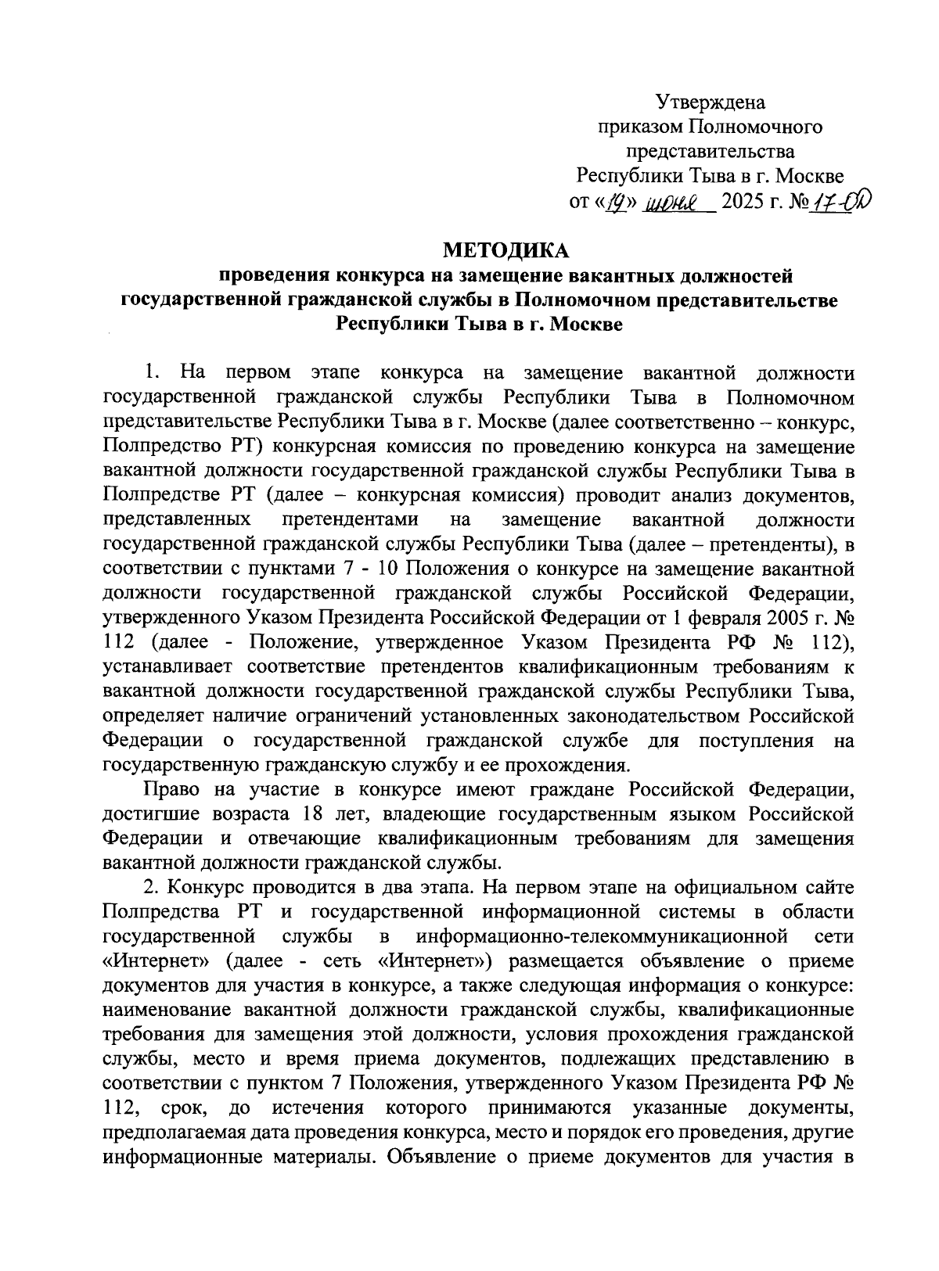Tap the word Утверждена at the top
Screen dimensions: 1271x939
(x=711, y=102)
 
